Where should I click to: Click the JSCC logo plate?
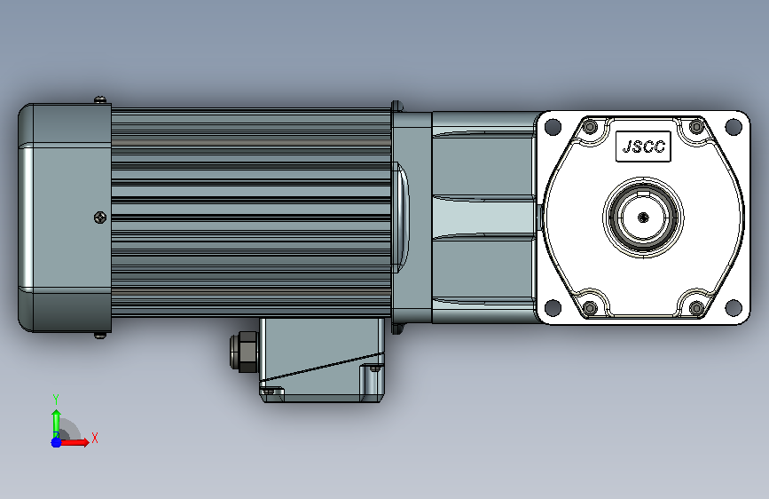pyautogui.click(x=643, y=147)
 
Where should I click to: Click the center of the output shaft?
pyautogui.click(x=643, y=217)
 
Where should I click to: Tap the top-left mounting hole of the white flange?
pyautogui.click(x=553, y=127)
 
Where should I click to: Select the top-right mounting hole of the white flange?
pyautogui.click(x=734, y=127)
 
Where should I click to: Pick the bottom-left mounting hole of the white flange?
pyautogui.click(x=553, y=307)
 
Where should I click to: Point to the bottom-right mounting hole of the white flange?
pyautogui.click(x=734, y=307)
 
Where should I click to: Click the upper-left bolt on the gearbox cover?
pyautogui.click(x=591, y=127)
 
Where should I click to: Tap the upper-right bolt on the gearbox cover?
pyautogui.click(x=696, y=127)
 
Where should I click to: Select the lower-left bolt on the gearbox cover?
pyautogui.click(x=591, y=308)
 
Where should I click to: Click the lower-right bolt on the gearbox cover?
pyautogui.click(x=696, y=308)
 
